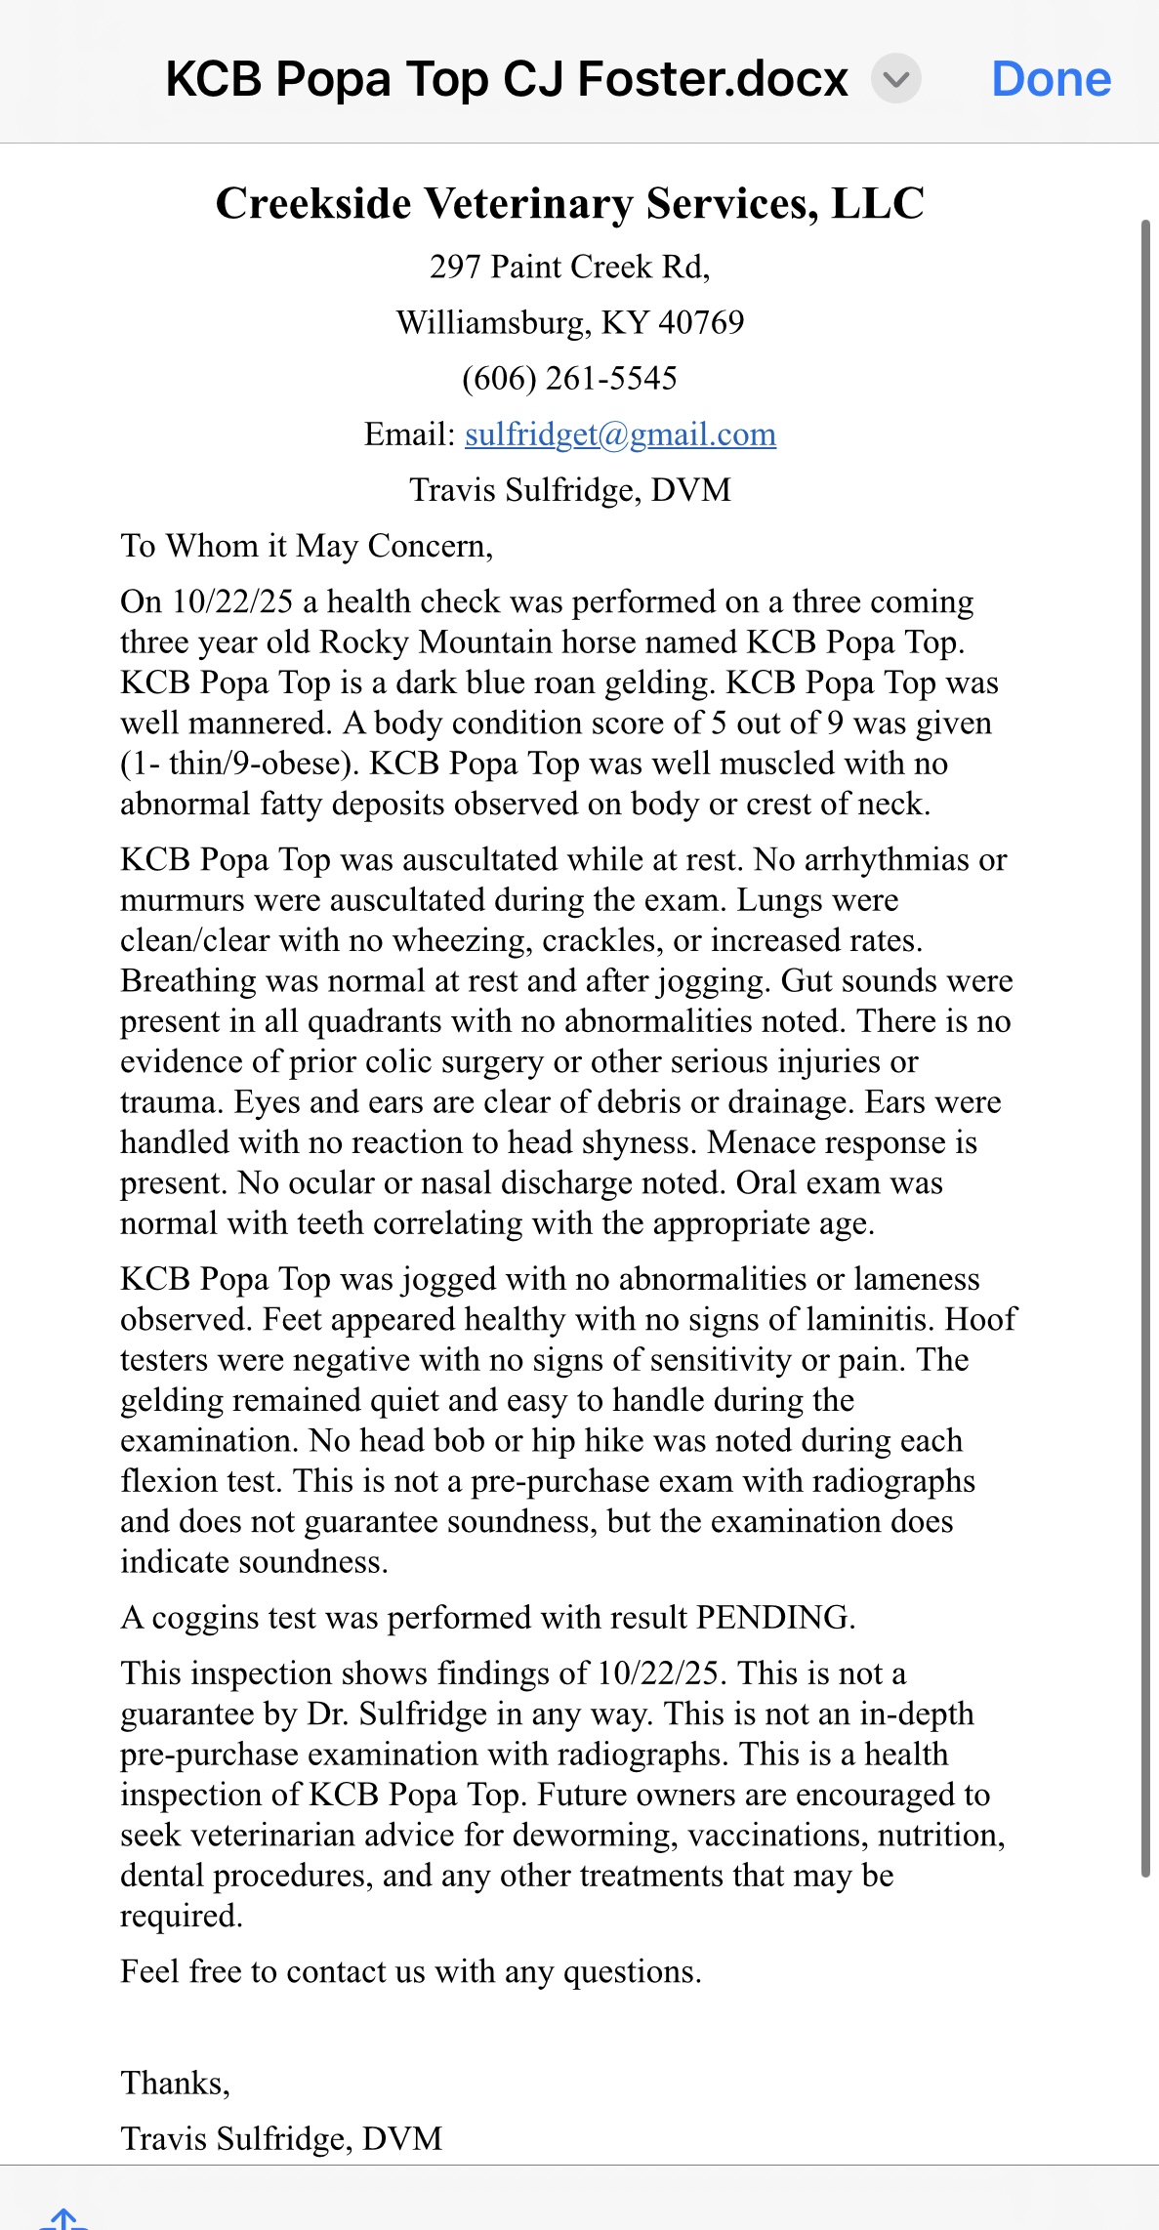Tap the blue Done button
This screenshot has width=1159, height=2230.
[1051, 79]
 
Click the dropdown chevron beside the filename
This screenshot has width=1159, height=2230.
[895, 79]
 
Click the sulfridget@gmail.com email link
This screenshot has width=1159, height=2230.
[620, 434]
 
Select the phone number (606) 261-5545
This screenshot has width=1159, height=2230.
[569, 379]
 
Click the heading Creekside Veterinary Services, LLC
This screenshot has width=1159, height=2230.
[569, 204]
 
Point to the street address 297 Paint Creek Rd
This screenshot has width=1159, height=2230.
[569, 267]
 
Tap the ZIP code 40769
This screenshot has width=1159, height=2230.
[701, 323]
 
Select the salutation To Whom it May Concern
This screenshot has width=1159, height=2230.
[307, 546]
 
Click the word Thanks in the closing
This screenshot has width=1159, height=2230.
[174, 2084]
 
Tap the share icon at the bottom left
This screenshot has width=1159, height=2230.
[62, 2218]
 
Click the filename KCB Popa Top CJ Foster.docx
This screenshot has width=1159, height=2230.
[507, 79]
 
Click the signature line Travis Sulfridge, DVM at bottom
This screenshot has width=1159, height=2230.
[281, 2139]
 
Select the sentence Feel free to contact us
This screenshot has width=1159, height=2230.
[410, 1972]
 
